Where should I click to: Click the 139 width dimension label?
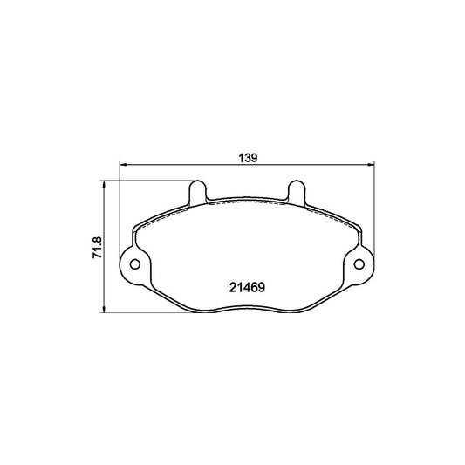coord(248,158)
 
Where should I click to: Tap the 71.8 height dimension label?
coord(99,248)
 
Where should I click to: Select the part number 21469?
coord(247,285)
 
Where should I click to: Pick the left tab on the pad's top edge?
coord(197,191)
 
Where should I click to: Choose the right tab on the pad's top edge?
coord(297,191)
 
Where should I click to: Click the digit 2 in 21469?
coord(232,285)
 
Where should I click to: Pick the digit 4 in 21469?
coord(247,285)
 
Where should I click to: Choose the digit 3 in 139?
coord(248,158)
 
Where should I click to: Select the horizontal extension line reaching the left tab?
coord(148,181)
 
